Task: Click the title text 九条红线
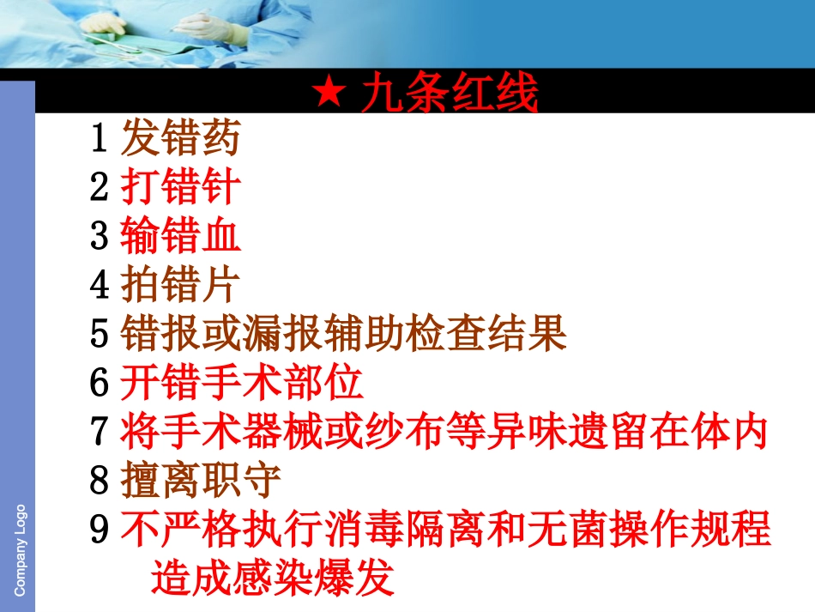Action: pos(450,94)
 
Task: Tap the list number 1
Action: pos(100,138)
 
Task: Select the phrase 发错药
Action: pos(180,138)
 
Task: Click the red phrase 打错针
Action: pos(180,187)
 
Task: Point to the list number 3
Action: pos(100,236)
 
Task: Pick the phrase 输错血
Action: pos(180,236)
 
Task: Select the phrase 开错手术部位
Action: pos(241,384)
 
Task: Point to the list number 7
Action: pos(100,433)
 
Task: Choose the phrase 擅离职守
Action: pos(201,482)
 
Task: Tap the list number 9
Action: pos(100,530)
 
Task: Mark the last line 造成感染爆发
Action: pos(273,579)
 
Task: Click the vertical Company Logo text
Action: pos(20,549)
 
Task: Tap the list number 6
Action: pos(100,384)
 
